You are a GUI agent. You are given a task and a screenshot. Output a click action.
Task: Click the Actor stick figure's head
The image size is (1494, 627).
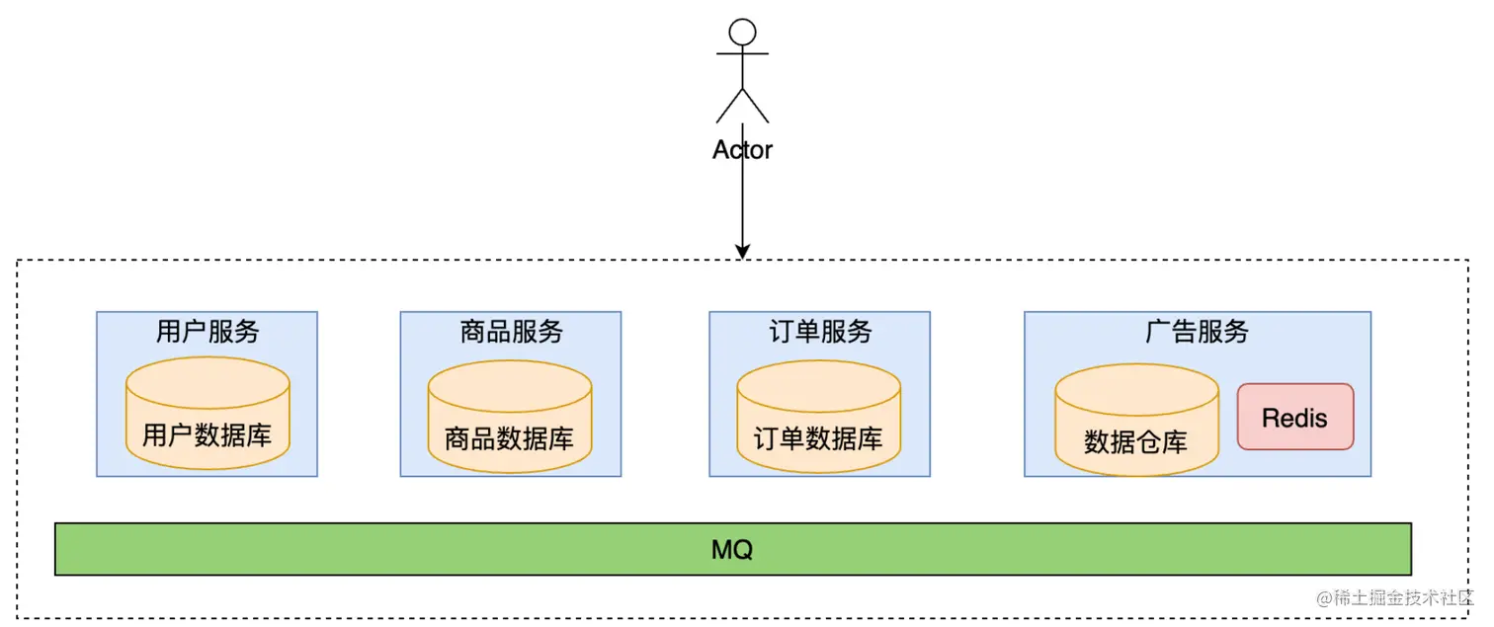tap(742, 32)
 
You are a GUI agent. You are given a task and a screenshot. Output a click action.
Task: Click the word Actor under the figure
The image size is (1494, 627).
tap(742, 150)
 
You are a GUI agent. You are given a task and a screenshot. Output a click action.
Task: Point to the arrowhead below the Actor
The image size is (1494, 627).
tap(742, 251)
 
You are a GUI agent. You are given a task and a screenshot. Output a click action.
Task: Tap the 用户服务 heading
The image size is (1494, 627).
tap(207, 332)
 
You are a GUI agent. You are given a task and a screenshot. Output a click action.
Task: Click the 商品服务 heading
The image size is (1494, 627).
tap(511, 332)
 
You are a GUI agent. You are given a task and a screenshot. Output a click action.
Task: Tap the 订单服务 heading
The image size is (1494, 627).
tap(820, 332)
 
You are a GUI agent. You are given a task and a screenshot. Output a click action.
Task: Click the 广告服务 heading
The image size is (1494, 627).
tap(1197, 332)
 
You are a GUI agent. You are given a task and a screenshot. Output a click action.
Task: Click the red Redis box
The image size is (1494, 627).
tap(1295, 417)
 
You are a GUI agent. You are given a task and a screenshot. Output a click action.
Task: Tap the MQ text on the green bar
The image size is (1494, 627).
tap(732, 550)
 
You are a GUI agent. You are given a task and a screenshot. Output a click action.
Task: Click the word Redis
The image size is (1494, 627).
tap(1295, 418)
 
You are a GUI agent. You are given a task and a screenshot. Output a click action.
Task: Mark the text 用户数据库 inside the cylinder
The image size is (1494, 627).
tap(207, 435)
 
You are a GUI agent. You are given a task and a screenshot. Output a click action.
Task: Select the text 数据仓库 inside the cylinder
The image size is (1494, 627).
tap(1136, 441)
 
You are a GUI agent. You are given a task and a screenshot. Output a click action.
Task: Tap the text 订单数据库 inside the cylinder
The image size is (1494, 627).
tap(819, 438)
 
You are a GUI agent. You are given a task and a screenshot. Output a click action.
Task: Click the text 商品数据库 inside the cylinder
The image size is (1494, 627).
tap(510, 438)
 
